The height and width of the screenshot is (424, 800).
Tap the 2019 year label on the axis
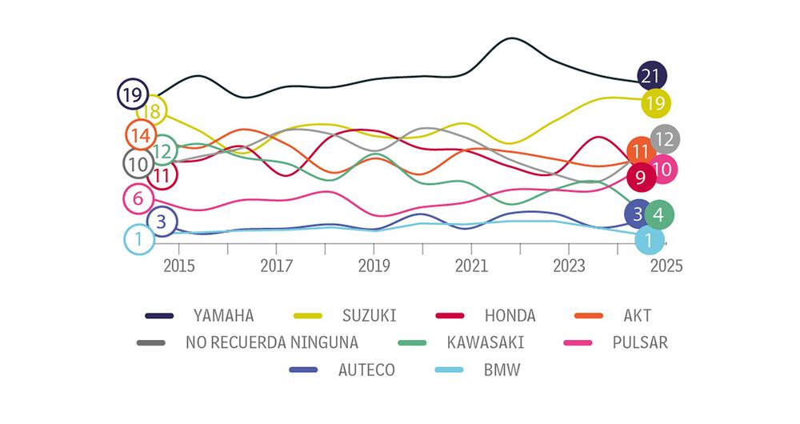click(374, 265)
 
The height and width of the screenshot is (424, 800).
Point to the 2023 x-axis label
click(569, 265)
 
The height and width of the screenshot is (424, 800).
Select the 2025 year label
click(666, 265)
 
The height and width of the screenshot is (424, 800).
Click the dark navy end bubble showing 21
click(651, 77)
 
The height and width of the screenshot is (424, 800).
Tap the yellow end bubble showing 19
click(655, 102)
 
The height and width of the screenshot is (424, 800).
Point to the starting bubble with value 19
click(132, 94)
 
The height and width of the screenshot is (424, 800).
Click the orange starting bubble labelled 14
click(141, 135)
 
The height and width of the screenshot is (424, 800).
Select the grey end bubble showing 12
click(665, 139)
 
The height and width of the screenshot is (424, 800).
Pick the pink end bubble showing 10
click(663, 169)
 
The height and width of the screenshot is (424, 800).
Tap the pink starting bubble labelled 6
click(138, 198)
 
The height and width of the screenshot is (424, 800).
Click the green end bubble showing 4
click(658, 214)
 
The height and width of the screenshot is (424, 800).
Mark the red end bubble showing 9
click(641, 177)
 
